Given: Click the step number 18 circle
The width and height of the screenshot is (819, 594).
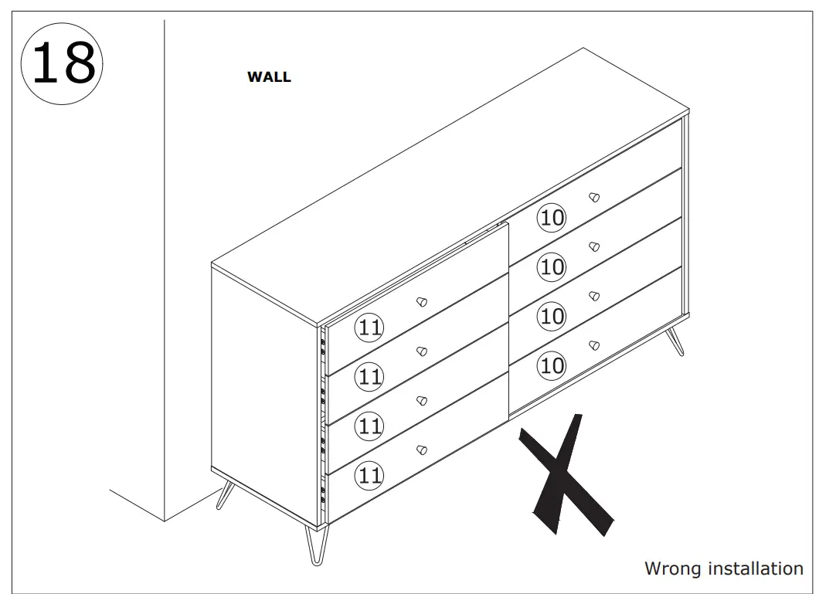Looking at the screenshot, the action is point(64,63).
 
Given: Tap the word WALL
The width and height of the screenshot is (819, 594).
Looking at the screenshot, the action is point(269,77).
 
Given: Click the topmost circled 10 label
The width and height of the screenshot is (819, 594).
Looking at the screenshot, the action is point(552,218).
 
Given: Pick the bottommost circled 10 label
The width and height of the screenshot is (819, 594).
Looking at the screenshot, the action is point(552,365).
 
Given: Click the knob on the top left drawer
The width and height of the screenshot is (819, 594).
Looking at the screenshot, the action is point(421,302).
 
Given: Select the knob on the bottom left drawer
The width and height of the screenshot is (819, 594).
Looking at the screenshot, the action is point(421,450).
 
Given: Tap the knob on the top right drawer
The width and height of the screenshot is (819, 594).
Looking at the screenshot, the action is point(593,197).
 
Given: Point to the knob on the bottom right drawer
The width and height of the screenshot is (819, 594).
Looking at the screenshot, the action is point(593,345).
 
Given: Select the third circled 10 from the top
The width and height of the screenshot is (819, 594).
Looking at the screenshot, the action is point(552,316).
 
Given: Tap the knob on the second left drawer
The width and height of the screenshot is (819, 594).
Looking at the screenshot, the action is point(421,351).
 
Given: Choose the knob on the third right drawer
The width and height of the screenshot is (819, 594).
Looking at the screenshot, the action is point(593,296).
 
